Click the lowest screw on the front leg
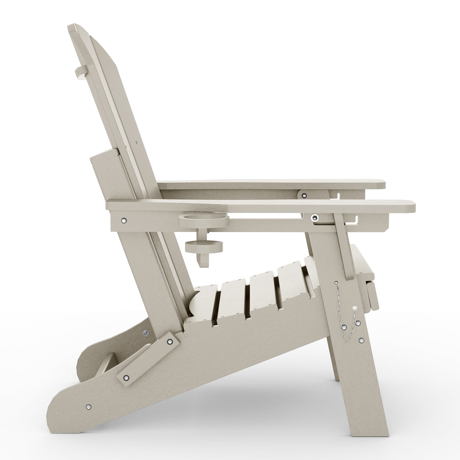[x=361, y=341]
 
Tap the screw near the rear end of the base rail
[x=89, y=407]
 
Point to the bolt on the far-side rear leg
[x=146, y=333]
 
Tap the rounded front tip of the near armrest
[x=414, y=206]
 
